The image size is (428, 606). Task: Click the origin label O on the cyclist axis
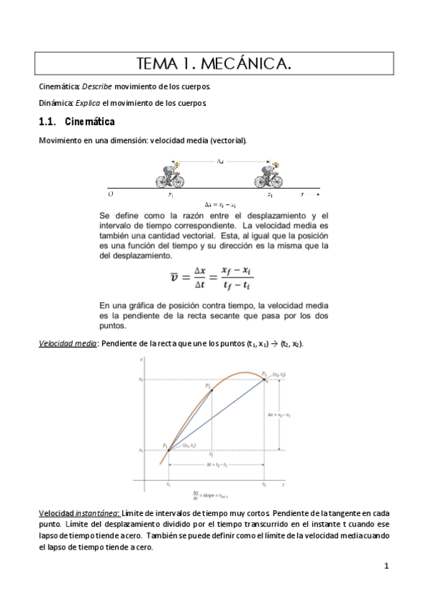coord(110,194)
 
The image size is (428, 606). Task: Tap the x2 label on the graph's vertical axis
coord(141,379)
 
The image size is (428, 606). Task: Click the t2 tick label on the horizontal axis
coord(264,485)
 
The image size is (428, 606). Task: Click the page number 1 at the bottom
coord(386,567)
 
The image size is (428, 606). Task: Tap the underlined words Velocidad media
coord(69,344)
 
